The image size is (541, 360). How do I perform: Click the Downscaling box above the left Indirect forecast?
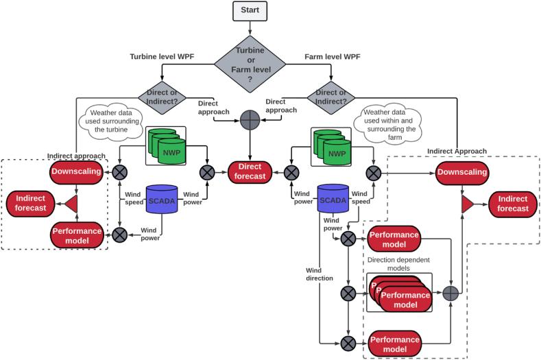click(x=76, y=171)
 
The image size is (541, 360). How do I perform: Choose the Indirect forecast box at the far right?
click(x=509, y=203)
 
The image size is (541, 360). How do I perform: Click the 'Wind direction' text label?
click(x=320, y=274)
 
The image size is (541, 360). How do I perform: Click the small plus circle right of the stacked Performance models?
click(x=450, y=293)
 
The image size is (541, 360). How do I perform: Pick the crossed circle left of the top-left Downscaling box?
click(x=121, y=171)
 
